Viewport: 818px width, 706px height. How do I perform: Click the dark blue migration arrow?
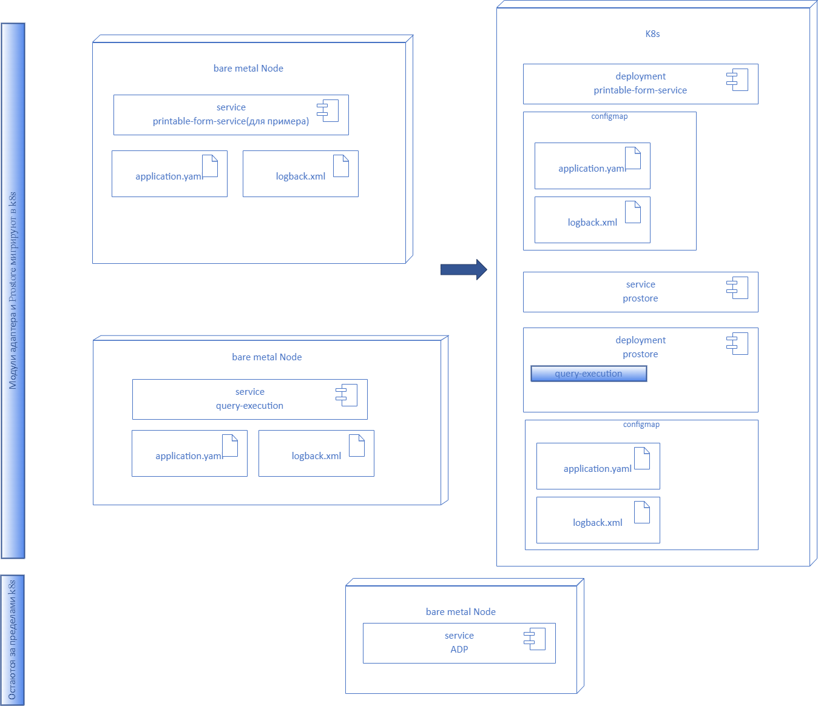463,269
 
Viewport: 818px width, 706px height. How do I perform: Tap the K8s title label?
652,34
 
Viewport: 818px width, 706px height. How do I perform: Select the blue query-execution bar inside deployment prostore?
588,374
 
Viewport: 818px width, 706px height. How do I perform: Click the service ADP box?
459,643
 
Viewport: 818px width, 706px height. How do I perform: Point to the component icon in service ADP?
535,639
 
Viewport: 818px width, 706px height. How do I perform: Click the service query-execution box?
249,399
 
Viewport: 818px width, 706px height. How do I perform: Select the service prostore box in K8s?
640,292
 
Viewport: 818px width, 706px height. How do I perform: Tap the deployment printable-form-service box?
640,84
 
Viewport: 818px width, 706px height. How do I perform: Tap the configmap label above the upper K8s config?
609,116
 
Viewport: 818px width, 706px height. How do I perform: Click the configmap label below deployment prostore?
641,425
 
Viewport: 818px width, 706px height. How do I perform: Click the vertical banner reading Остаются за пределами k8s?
12,640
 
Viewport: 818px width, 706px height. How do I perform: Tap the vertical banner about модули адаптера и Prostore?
13,291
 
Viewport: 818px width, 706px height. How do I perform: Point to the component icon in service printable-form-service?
328,110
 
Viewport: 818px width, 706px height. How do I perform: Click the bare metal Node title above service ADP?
461,612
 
